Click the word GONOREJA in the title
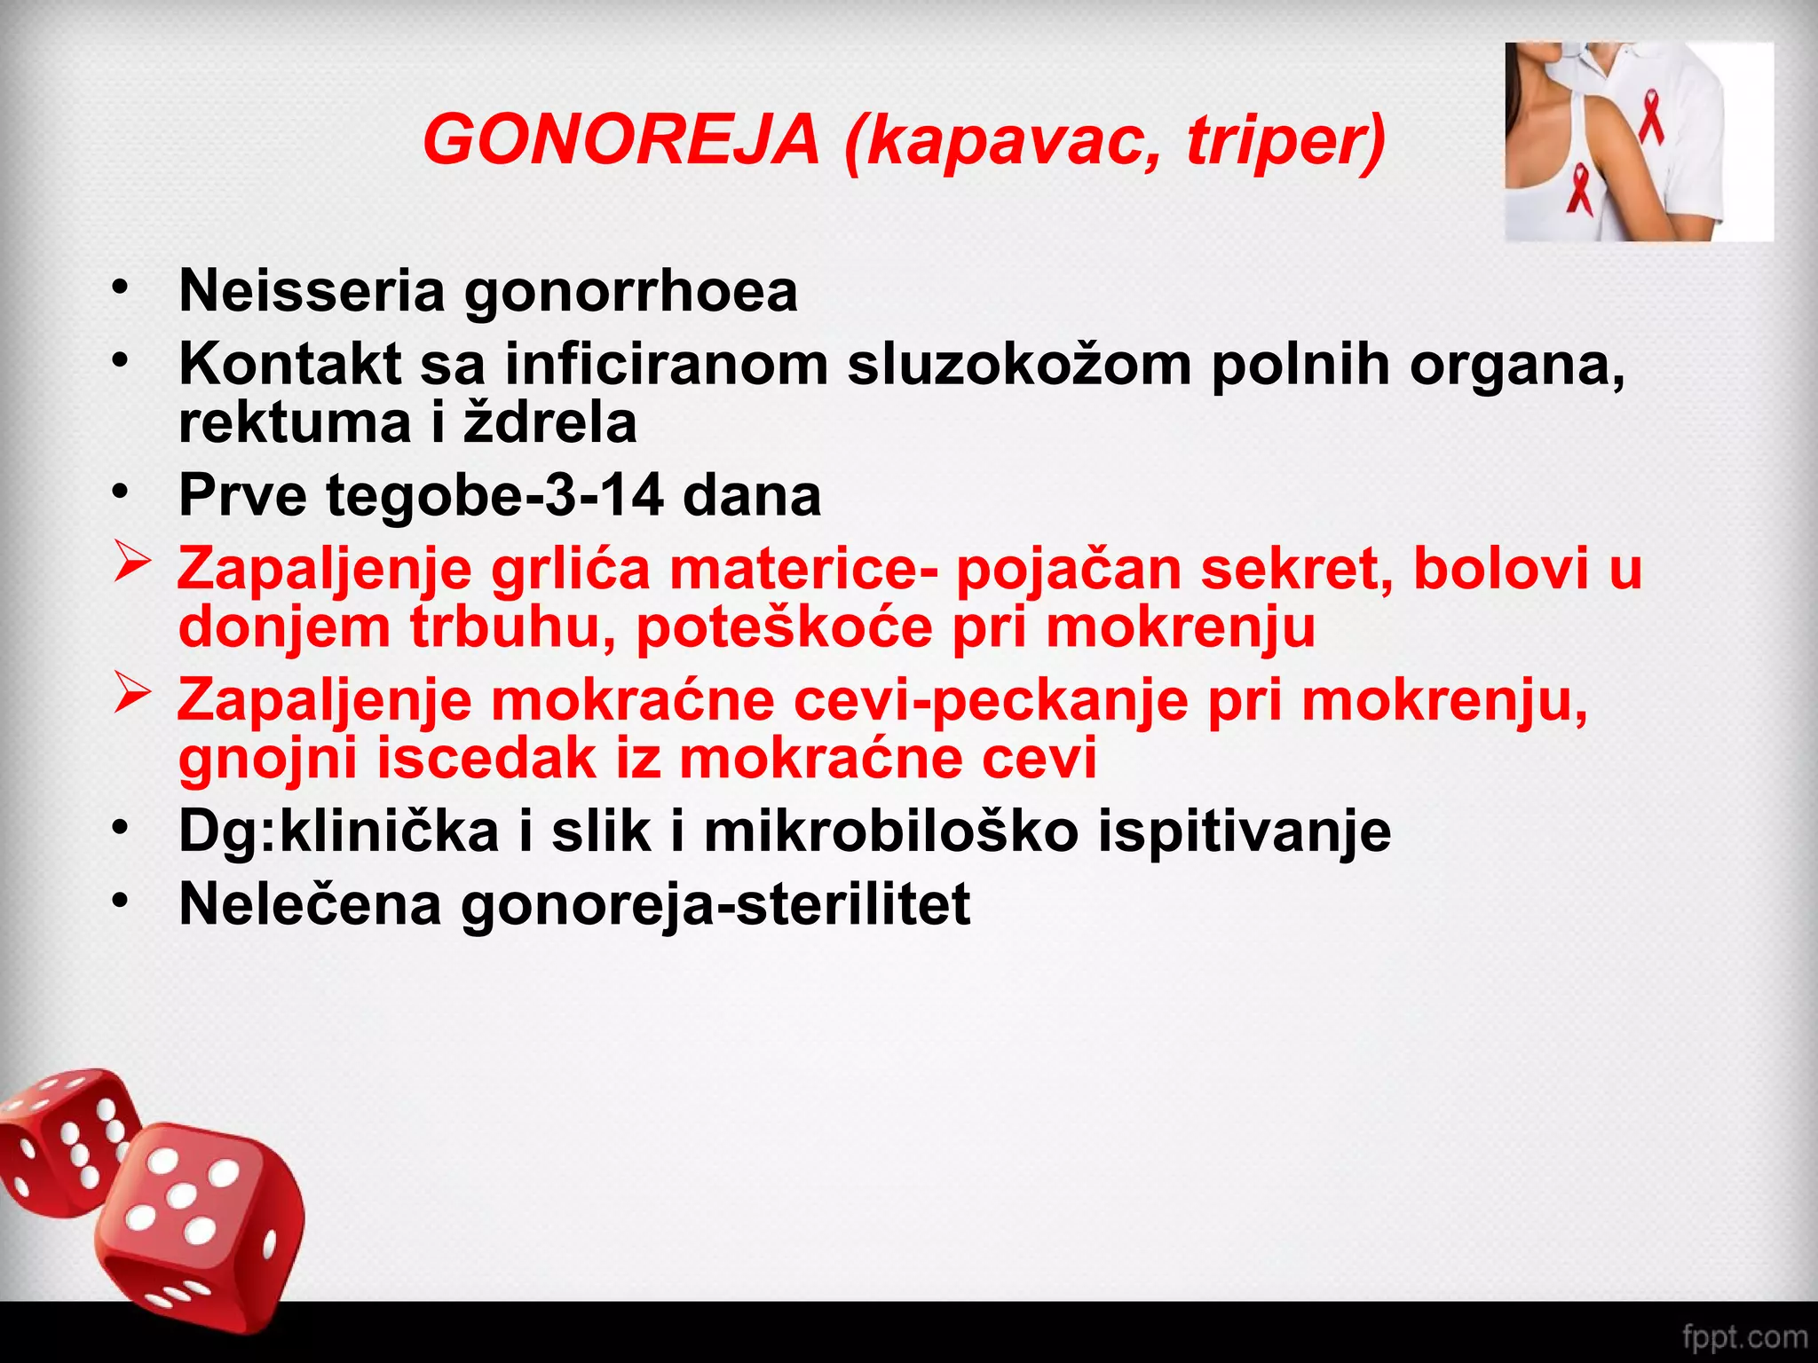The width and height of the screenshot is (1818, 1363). coord(621,141)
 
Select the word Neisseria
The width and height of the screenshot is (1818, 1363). coord(312,290)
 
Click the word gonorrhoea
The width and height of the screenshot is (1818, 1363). coord(631,293)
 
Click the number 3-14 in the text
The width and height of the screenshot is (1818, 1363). coord(605,495)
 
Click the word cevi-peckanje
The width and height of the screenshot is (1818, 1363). coord(991,700)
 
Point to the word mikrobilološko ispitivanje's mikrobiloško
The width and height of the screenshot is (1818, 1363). coord(891,832)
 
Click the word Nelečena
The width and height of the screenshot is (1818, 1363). coord(310,904)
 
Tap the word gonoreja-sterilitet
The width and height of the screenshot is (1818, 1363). coord(715,904)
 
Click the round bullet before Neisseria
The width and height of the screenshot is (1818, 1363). coord(121,288)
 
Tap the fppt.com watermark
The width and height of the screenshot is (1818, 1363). coord(1744,1335)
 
